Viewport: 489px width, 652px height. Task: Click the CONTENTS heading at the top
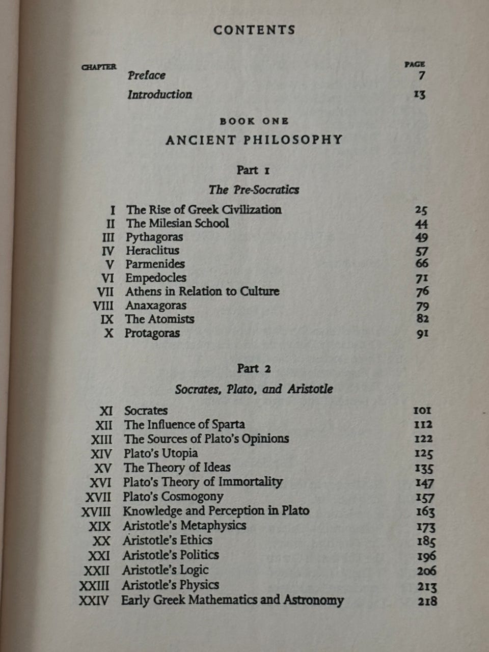[x=254, y=30]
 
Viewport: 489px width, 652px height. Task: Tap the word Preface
[x=147, y=75]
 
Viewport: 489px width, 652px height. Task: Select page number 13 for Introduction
[x=419, y=95]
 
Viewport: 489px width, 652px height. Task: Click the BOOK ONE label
[x=254, y=121]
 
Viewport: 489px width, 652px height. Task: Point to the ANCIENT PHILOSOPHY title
[x=254, y=140]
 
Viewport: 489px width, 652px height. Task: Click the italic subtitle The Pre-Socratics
[x=254, y=190]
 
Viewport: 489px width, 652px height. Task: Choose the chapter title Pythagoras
[x=154, y=237]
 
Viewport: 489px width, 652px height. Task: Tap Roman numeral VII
[x=105, y=292]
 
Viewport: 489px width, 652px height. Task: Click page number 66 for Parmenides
[x=422, y=264]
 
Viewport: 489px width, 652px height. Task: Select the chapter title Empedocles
[x=156, y=278]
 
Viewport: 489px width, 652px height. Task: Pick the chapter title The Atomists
[x=159, y=319]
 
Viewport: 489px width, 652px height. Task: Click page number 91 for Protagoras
[x=422, y=334]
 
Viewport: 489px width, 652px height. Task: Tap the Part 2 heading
[x=254, y=369]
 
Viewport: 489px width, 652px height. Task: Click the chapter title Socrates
[x=146, y=411]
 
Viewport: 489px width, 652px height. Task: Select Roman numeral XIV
[x=101, y=454]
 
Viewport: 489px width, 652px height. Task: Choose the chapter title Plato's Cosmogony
[x=173, y=497]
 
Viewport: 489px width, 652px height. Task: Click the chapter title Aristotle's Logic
[x=166, y=570]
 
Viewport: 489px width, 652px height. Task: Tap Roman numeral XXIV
[x=94, y=601]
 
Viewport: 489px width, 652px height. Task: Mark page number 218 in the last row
[x=427, y=602]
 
